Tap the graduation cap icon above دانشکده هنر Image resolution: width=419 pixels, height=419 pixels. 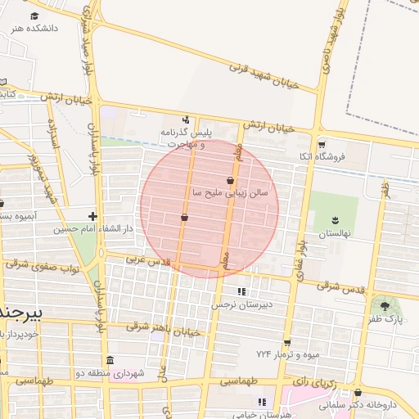coord(34,16)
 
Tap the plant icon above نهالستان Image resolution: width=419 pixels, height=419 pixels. coord(335,219)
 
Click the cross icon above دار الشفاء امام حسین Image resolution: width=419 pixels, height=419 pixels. coord(92,217)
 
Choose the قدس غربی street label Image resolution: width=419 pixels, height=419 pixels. coord(146,259)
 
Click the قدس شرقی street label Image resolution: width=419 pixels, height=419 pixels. coord(340,287)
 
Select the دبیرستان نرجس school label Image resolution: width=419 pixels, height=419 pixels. coord(241,304)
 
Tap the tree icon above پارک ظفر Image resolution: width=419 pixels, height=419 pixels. coord(385,306)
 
